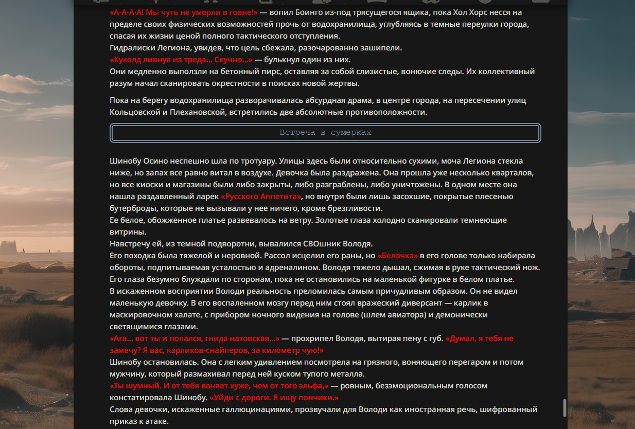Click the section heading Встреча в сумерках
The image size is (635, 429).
[325, 133]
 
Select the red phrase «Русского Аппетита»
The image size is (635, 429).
[261, 196]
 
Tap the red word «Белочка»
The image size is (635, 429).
[398, 256]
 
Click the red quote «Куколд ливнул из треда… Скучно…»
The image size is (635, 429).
[181, 60]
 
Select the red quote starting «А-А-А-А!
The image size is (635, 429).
[183, 12]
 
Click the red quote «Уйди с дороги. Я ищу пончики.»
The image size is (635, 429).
[274, 398]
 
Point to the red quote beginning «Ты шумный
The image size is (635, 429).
[219, 386]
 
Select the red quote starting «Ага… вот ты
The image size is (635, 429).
[195, 338]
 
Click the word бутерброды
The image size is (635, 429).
[133, 208]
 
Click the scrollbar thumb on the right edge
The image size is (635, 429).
[565, 407]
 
